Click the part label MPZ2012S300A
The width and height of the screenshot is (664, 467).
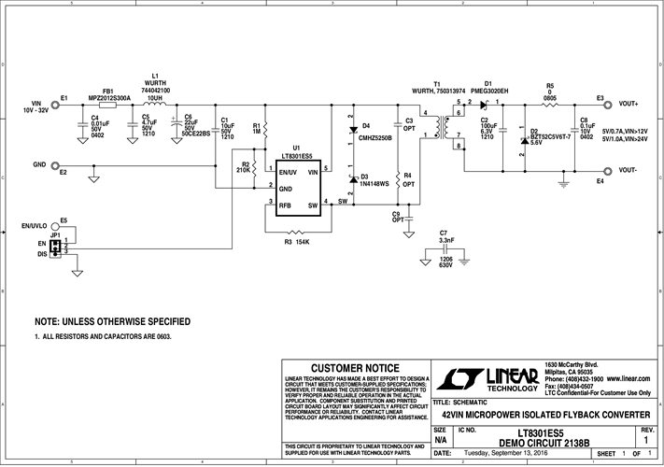point(109,96)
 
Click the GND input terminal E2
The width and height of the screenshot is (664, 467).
point(55,164)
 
